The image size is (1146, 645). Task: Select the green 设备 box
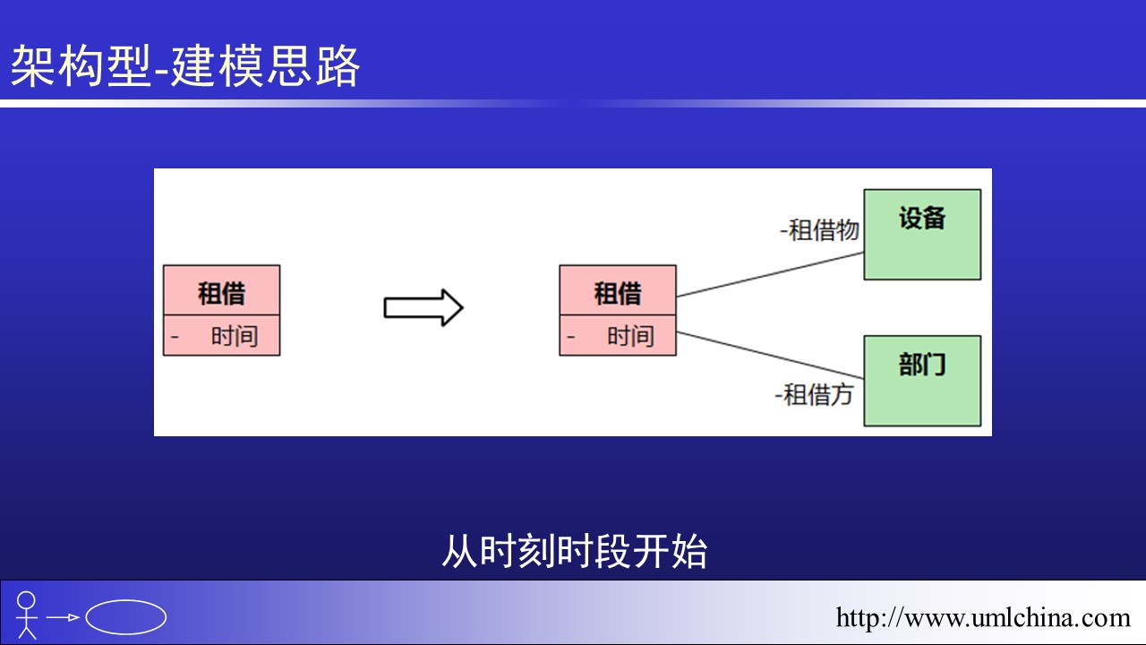click(x=922, y=234)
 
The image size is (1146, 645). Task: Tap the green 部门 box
click(x=922, y=381)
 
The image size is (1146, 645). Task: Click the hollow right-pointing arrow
click(x=423, y=308)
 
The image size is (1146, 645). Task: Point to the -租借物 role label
click(x=819, y=230)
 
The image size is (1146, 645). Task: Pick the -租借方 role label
click(x=814, y=394)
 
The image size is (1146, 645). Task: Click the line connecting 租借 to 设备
click(x=770, y=274)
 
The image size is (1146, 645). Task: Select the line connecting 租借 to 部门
click(x=770, y=355)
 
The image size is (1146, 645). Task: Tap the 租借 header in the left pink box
click(x=221, y=292)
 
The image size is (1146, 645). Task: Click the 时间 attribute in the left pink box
click(x=235, y=337)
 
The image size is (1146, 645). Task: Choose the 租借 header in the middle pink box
click(x=618, y=292)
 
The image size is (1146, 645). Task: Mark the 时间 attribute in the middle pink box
click(x=630, y=337)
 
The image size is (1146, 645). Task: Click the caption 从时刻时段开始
click(x=574, y=551)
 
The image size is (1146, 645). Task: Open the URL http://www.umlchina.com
click(x=983, y=617)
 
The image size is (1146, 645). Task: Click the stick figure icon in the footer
click(x=28, y=615)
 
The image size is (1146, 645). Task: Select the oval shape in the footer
click(x=126, y=616)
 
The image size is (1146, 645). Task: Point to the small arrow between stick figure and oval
click(x=64, y=617)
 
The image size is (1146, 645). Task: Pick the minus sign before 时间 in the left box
click(x=175, y=337)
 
